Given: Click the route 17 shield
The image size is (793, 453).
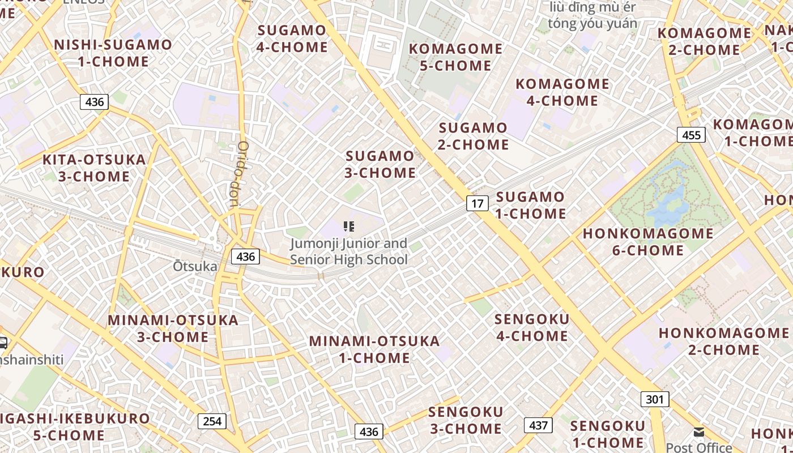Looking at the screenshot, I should click(x=477, y=203).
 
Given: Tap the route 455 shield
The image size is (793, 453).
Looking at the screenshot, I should click(x=691, y=135).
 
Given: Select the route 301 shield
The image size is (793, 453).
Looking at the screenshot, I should click(x=654, y=399).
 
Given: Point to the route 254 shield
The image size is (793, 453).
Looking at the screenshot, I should click(x=212, y=421).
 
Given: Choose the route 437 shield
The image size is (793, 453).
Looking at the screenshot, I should click(x=538, y=425).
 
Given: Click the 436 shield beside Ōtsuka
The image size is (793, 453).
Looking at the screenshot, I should click(x=245, y=256).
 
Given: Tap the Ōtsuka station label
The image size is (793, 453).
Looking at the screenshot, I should click(x=195, y=266).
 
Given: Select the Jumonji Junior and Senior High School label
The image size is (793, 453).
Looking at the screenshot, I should click(x=348, y=251).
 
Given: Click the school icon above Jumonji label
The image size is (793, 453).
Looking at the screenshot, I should click(x=349, y=227).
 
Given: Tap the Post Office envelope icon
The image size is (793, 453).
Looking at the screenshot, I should click(x=699, y=432).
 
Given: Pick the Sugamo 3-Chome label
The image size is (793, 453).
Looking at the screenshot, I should click(x=380, y=164).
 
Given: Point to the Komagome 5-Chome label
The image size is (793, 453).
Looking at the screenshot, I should click(x=455, y=57).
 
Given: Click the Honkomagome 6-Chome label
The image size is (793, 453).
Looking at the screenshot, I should click(x=648, y=242).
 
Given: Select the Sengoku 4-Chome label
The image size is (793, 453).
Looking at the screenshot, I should click(x=532, y=327).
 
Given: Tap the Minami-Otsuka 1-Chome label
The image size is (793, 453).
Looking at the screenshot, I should click(x=374, y=349).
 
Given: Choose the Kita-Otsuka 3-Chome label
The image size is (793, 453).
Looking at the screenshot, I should click(x=94, y=168).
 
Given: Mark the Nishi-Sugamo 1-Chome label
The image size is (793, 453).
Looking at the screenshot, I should click(x=113, y=53).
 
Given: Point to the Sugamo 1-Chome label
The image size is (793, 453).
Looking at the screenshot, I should click(x=531, y=205).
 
